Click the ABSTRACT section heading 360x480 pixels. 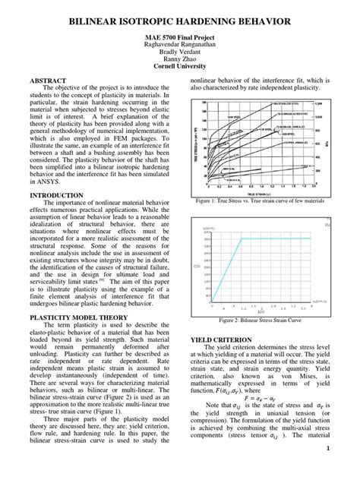(47, 80)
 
